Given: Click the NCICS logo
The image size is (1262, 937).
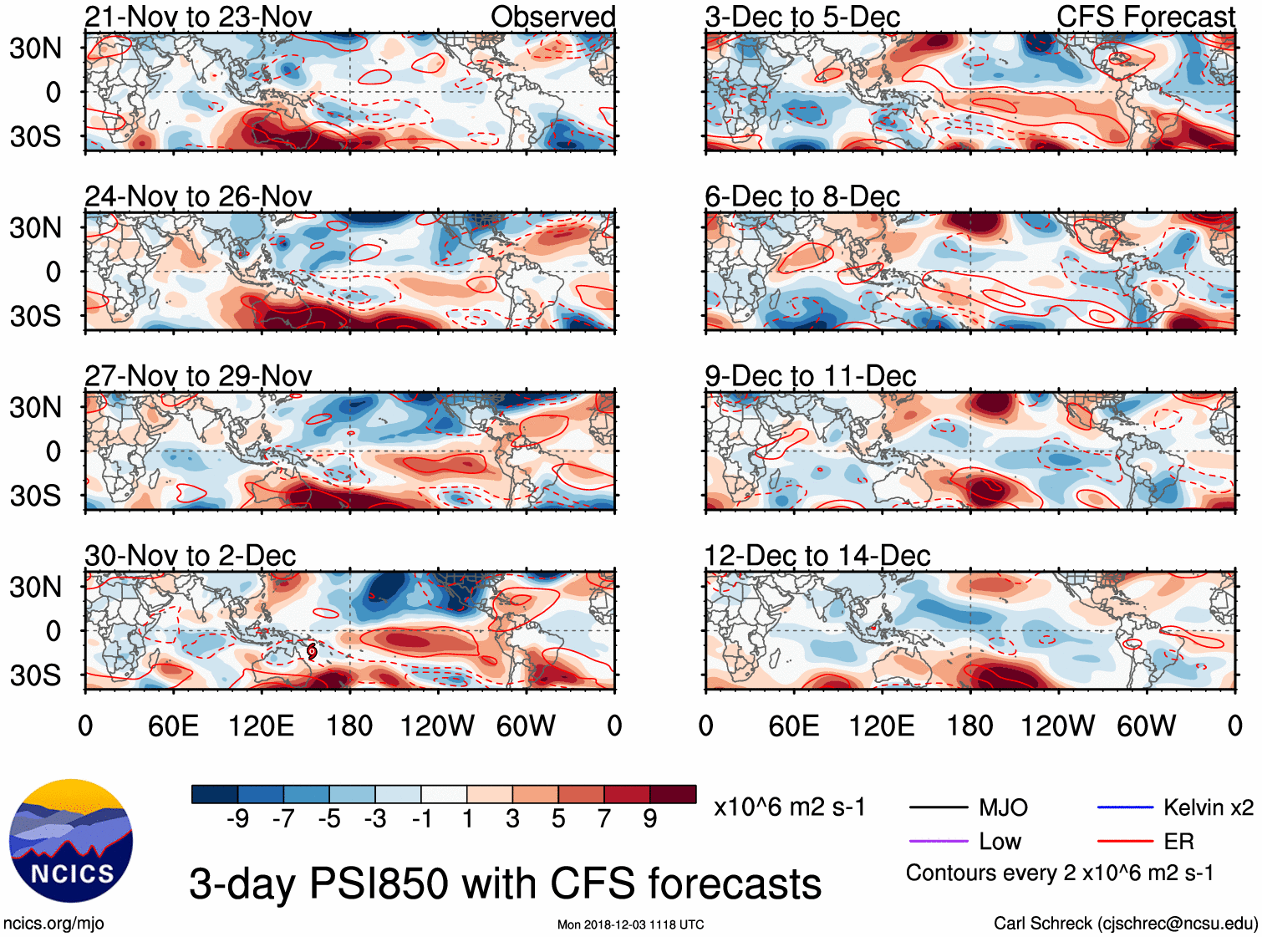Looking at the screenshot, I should (71, 840).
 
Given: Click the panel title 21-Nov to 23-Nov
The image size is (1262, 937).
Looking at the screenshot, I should (198, 17).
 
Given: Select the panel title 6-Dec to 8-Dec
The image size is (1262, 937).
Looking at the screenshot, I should (802, 196).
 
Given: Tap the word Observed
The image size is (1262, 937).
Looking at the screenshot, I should (552, 17).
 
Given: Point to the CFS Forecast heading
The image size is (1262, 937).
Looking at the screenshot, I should (1145, 17).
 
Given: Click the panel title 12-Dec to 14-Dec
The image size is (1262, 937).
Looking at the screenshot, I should (817, 556).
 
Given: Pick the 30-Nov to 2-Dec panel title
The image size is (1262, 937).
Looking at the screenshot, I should (191, 556).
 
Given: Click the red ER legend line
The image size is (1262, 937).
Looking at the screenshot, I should (1125, 841).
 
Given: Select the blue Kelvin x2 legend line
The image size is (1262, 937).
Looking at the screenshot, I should (1125, 807).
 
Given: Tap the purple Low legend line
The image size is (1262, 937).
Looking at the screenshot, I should (939, 841).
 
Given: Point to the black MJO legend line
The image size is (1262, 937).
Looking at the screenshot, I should (939, 807).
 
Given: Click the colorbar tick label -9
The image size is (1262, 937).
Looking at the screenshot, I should (237, 818).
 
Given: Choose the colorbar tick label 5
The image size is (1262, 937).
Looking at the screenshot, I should (558, 818).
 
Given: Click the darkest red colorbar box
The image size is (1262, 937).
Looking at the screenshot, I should (673, 794).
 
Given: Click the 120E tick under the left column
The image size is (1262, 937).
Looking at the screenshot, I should (262, 726).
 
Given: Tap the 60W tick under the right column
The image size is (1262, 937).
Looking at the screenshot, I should (1146, 726).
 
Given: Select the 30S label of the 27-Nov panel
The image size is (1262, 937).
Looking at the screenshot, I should (36, 496).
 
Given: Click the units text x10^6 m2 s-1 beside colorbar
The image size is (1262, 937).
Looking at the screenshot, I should (789, 807).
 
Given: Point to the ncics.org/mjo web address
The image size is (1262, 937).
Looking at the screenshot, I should (53, 924).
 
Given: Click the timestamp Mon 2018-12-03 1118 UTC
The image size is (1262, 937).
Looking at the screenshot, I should (630, 924).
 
